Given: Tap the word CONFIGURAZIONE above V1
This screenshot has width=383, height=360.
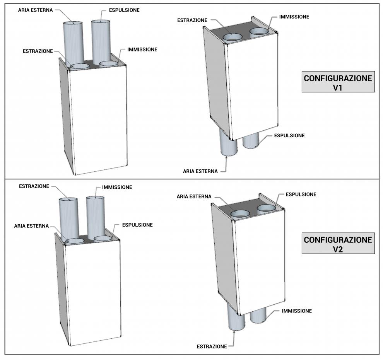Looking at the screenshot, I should click(x=338, y=78).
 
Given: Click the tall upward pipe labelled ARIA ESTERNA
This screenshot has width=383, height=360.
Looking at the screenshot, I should click(x=72, y=43).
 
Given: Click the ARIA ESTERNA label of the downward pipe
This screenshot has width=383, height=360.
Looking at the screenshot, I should click(x=201, y=171).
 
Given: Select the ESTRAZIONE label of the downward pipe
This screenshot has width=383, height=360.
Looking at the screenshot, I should click(x=212, y=346).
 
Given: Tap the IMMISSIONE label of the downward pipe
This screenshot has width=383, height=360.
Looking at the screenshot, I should click(x=297, y=311).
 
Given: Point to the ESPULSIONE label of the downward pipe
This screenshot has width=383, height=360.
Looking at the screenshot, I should click(x=289, y=135).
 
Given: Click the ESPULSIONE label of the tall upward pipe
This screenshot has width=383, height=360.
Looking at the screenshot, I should click(x=119, y=9).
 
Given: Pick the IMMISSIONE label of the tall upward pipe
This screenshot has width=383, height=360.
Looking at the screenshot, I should click(x=117, y=187).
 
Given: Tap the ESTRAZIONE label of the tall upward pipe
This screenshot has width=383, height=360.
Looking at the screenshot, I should click(x=34, y=186).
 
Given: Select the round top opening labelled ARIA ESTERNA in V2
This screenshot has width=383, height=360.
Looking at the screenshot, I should click(x=240, y=213).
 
